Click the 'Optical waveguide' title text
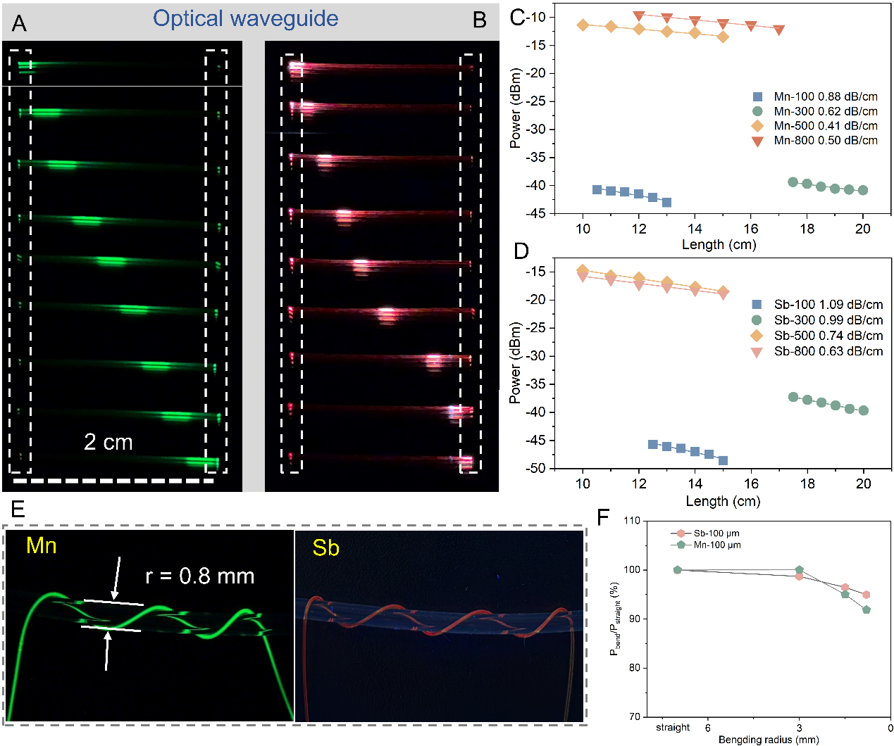click(245, 19)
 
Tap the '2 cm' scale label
click(108, 442)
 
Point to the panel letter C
click(518, 18)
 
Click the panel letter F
click(603, 517)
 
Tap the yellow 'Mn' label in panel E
click(41, 545)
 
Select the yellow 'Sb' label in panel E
click(325, 548)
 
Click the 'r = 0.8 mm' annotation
click(199, 576)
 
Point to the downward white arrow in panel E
click(117, 579)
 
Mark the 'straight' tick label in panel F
click(673, 728)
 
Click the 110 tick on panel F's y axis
click(632, 521)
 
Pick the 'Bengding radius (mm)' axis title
click(768, 740)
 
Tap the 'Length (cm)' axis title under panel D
click(722, 501)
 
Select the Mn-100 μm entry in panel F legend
click(716, 545)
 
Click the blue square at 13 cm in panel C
click(666, 203)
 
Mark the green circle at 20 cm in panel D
click(864, 410)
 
